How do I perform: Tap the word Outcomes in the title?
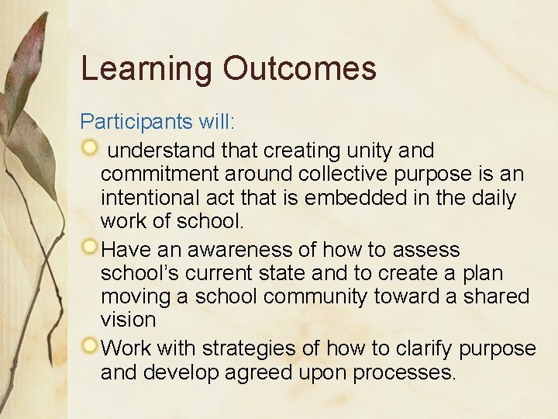pos(300,69)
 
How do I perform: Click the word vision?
pos(128,320)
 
